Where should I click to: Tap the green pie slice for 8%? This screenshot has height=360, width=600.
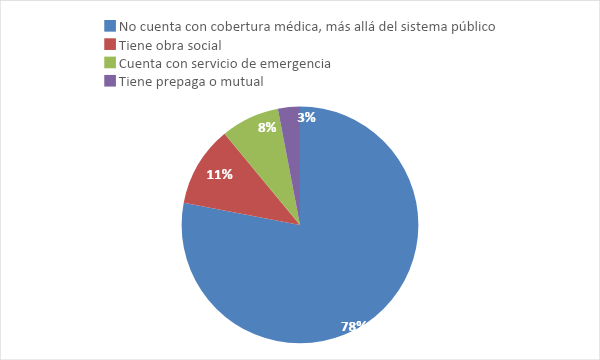[x=262, y=140]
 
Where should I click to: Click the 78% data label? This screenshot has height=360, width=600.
[x=354, y=326]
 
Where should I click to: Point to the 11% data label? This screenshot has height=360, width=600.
[x=220, y=174]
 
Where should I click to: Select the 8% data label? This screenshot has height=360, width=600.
[x=267, y=127]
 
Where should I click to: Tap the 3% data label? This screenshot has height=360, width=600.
[x=307, y=117]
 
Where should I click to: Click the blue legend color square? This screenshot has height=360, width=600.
[x=111, y=25]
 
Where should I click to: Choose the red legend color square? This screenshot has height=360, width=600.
[x=111, y=44]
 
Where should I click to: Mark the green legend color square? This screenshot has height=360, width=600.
[x=111, y=63]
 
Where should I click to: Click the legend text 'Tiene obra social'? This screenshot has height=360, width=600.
[x=170, y=44]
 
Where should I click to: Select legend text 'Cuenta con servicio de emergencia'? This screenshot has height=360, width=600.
[x=224, y=63]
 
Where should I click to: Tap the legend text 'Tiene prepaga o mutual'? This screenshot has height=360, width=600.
[x=190, y=82]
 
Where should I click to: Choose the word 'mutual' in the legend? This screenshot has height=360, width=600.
[x=242, y=82]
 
